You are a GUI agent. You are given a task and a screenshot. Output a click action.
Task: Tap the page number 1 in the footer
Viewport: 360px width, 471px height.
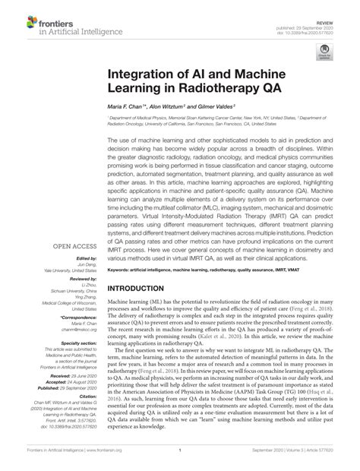tap(180, 460)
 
